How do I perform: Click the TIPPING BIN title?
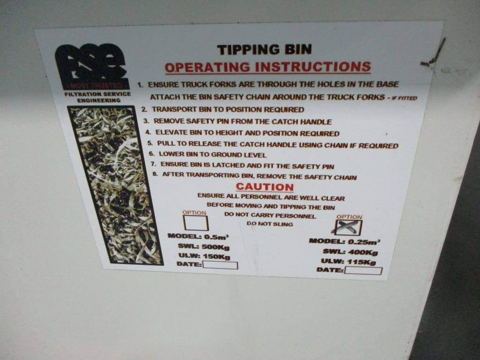click(x=264, y=50)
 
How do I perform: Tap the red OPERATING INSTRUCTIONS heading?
click(x=268, y=67)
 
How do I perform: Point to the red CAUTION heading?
click(x=265, y=187)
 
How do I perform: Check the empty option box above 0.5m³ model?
click(x=196, y=223)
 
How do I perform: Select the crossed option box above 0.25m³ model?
click(x=348, y=227)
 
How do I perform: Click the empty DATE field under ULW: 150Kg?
click(x=220, y=265)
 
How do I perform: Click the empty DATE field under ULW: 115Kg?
click(x=364, y=270)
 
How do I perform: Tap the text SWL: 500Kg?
click(x=203, y=247)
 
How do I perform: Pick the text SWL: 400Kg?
click(x=350, y=252)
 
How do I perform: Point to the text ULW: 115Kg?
click(x=348, y=262)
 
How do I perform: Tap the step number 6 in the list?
click(x=152, y=154)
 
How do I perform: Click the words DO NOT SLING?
click(x=270, y=224)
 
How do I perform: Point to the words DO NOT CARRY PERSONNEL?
click(x=270, y=215)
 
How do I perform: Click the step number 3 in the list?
click(x=147, y=120)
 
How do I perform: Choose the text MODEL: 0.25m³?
click(x=345, y=241)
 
